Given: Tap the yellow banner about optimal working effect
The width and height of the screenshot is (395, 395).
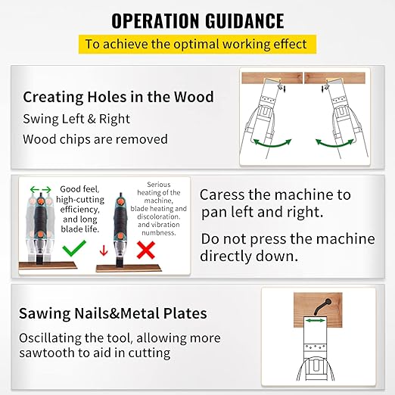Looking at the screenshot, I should pyautogui.click(x=197, y=44).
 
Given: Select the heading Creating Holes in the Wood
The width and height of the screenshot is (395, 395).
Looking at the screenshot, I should pyautogui.click(x=118, y=97).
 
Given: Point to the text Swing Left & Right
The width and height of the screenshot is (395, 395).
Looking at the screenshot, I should pyautogui.click(x=76, y=119).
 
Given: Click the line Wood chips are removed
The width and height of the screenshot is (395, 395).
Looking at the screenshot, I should pyautogui.click(x=95, y=139).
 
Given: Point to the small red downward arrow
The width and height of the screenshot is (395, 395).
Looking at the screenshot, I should pyautogui.click(x=104, y=250).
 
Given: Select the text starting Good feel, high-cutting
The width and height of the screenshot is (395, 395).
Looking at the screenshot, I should pyautogui.click(x=81, y=209).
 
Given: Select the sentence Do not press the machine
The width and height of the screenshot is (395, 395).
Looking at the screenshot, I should pyautogui.click(x=287, y=247).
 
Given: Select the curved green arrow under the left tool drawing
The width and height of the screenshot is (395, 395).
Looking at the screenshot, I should pyautogui.click(x=273, y=142).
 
